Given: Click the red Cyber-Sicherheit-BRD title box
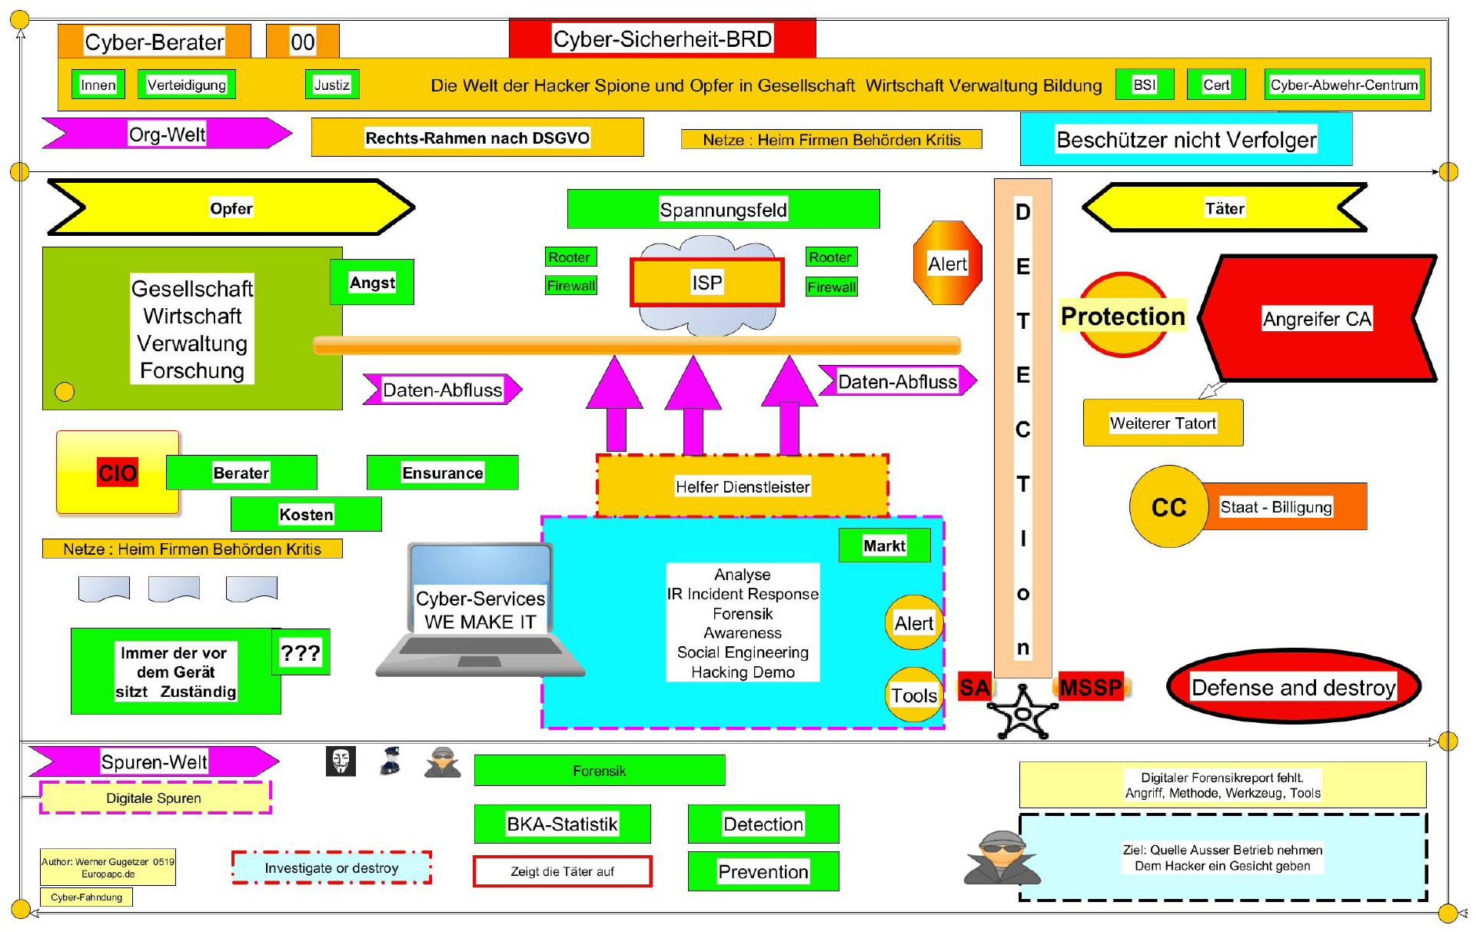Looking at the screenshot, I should point(662,38).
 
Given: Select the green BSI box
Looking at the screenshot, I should point(1145,85).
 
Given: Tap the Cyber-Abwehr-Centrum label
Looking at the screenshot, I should point(1344,85).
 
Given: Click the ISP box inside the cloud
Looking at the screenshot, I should point(706,283).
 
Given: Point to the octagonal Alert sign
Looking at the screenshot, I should point(947,264).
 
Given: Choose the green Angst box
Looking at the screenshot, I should point(372,282).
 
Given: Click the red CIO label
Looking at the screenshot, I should point(117,473).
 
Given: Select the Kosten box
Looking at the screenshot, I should point(306,514).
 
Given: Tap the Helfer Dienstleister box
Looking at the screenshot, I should point(743,486).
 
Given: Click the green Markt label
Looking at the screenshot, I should point(884,546).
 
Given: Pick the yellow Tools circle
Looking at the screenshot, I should point(913,695).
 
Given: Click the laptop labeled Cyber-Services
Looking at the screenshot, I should point(480,611).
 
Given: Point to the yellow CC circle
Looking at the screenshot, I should point(1168,507).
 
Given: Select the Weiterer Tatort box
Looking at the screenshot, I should point(1162,423).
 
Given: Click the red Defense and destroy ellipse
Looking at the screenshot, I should point(1293,686).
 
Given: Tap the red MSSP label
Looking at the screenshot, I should point(1090,686).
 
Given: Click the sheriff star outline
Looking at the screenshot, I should point(1022,713).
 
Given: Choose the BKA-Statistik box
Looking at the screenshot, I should point(562,824).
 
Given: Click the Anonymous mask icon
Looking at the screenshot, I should point(341,761).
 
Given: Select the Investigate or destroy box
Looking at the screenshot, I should point(331,867).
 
